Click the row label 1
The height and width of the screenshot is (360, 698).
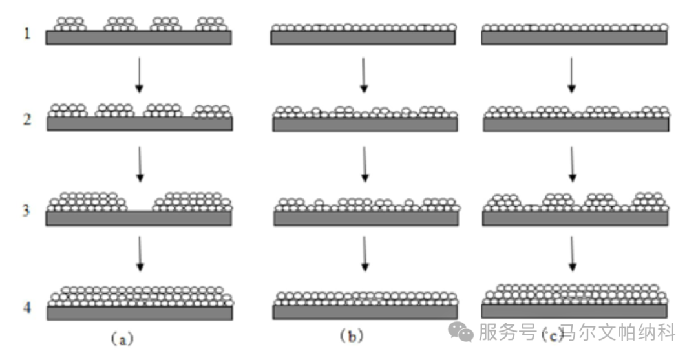coord(26,34)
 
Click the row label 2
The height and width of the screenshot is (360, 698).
coord(26,120)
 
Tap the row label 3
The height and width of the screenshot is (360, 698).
coord(26,211)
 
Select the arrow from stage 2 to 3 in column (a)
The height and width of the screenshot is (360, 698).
coord(139,165)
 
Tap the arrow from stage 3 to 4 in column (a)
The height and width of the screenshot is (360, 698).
coord(140,254)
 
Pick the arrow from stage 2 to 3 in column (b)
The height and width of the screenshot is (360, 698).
coord(365,165)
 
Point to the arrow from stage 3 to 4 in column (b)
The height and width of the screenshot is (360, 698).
coord(365,254)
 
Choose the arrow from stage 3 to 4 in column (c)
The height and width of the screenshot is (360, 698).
coord(572,254)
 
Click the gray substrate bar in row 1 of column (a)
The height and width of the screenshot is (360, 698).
coord(138,37)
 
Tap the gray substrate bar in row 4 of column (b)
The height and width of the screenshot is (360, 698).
coord(365,312)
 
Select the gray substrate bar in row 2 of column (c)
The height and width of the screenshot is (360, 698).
coord(576,124)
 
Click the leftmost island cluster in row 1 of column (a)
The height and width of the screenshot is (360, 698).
coord(69,24)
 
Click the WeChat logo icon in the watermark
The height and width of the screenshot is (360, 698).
coord(461,333)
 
